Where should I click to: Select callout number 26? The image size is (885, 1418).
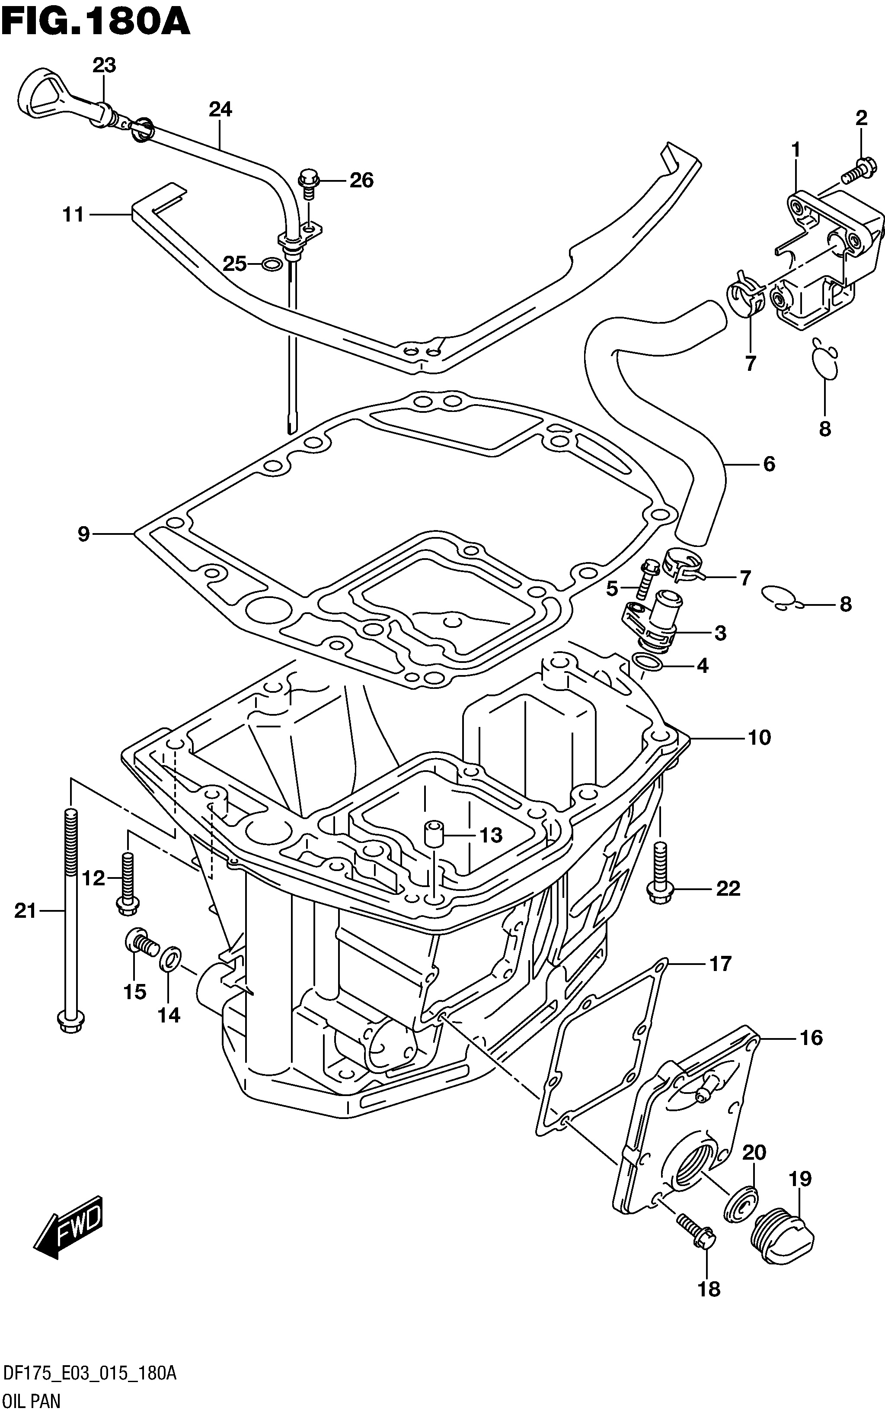coord(361,180)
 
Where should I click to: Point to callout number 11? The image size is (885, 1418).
coord(73,215)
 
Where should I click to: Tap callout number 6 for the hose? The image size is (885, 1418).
coord(769,464)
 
